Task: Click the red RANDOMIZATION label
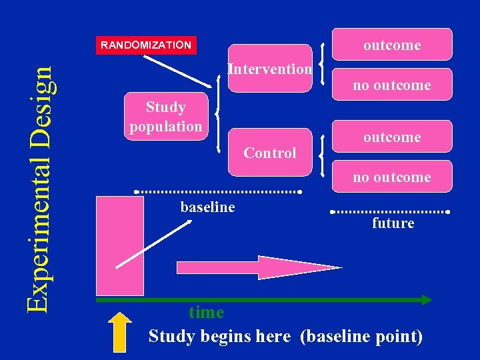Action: (146, 45)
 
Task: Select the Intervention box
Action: (269, 69)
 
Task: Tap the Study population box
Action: (166, 116)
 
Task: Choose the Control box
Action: (269, 153)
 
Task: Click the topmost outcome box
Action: (392, 45)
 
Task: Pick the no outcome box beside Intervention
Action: (392, 85)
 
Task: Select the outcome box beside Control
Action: (392, 137)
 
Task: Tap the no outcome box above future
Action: (392, 177)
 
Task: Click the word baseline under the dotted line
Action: (207, 207)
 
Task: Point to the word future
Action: (393, 223)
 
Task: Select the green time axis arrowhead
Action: (425, 300)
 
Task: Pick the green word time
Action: (206, 312)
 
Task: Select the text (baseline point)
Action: (361, 336)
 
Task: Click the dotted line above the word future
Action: (390, 212)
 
